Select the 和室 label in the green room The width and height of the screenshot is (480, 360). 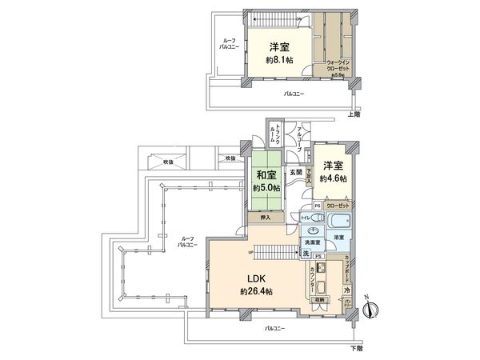pos(266,176)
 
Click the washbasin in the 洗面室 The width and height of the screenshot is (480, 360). pos(313,227)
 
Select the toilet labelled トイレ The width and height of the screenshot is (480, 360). pos(306,217)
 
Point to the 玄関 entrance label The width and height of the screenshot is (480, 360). pos(295,173)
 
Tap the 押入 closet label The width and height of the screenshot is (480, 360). pos(266,218)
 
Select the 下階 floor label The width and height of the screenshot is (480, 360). pos(355,349)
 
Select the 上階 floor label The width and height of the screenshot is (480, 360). pos(353,114)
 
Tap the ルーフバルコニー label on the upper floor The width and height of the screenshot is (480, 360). pos(228,46)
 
